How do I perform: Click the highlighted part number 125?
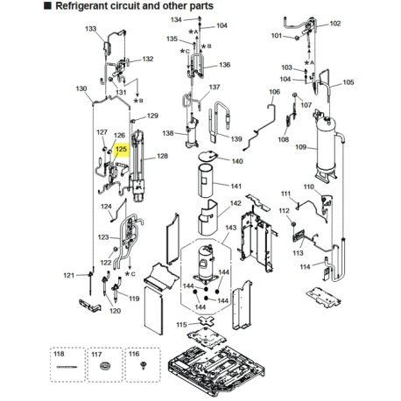pos(121,149)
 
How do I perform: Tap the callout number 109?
pos(300,147)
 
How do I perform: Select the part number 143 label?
pos(230,227)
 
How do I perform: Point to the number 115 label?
pos(181,324)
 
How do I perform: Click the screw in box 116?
pos(143,365)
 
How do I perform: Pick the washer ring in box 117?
pos(105,366)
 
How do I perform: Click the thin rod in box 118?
pos(67,367)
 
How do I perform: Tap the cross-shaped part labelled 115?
pos(207,321)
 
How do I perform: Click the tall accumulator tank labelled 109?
pos(327,146)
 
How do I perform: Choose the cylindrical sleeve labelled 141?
pos(205,179)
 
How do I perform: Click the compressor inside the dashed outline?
pos(207,264)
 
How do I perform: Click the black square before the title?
pos(47,5)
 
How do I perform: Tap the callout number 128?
pos(162,156)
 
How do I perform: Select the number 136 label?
pos(224,65)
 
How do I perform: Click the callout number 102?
pos(335,24)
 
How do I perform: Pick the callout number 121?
pos(69,275)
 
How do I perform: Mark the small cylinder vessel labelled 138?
pos(192,131)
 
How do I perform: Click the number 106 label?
pos(274,92)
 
